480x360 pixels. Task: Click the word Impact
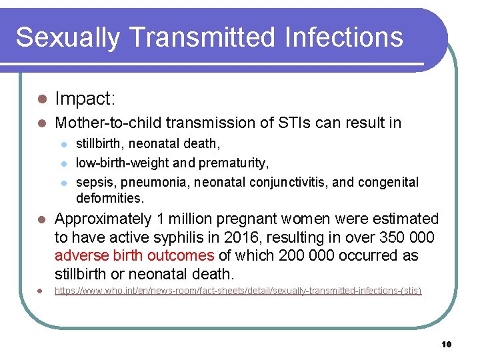tap(85, 99)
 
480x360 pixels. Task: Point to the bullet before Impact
tap(40, 99)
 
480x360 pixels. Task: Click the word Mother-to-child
tap(107, 123)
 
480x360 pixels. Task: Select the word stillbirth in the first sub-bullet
tap(99, 143)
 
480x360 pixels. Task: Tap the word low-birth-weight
tap(124, 163)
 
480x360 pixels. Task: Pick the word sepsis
tap(94, 182)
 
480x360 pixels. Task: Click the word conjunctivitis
tap(305, 182)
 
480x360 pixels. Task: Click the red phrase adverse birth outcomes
tap(134, 256)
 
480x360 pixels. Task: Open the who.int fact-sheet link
tap(238, 291)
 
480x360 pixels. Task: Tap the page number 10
tap(446, 344)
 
